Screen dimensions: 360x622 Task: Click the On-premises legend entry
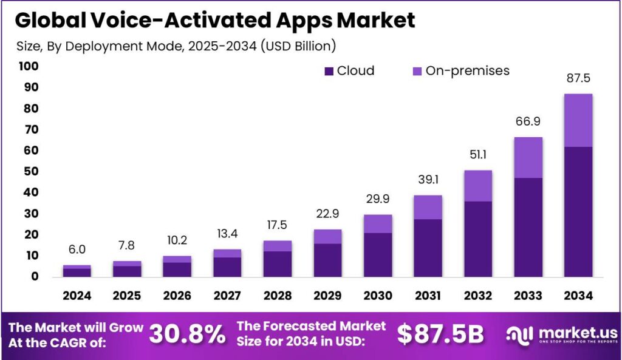[460, 70]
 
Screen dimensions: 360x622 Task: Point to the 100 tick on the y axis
[28, 66]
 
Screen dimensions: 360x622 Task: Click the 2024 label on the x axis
[77, 296]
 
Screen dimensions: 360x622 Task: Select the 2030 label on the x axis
[377, 296]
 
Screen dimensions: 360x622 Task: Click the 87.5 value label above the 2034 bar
[578, 78]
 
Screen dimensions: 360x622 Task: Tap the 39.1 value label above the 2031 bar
[428, 180]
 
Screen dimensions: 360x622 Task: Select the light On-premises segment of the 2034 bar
[578, 120]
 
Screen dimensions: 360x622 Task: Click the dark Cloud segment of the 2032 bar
[477, 239]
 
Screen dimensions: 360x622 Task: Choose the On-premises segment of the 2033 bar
[528, 157]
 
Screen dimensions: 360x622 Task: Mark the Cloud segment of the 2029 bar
[327, 260]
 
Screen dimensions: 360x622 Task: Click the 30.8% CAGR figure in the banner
[186, 334]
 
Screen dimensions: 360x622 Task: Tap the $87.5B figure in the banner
[440, 334]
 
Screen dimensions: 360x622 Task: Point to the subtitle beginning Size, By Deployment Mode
[174, 46]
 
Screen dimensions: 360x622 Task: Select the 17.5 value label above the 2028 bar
[278, 226]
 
